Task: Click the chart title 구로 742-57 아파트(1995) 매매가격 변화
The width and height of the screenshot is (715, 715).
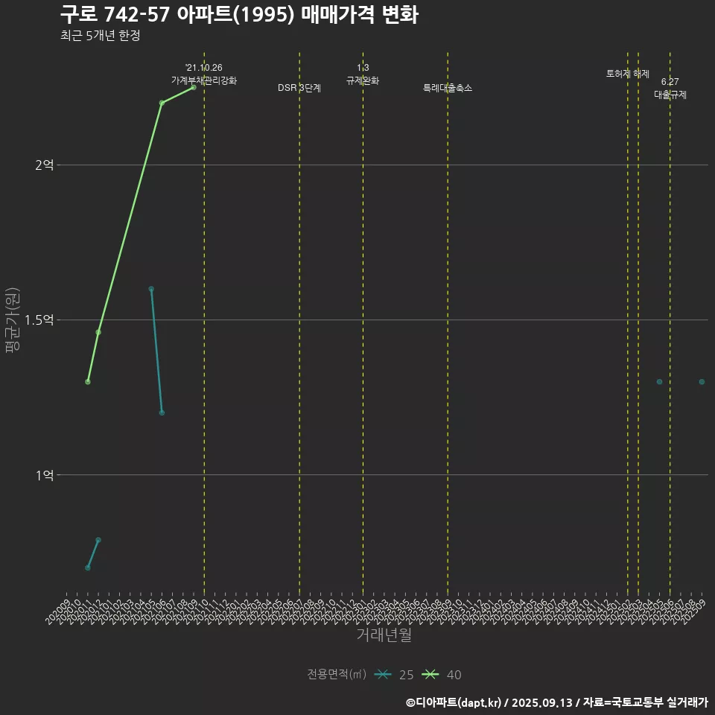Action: click(238, 14)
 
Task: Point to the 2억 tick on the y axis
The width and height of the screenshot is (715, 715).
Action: click(45, 165)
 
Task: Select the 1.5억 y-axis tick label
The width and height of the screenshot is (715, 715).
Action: click(39, 320)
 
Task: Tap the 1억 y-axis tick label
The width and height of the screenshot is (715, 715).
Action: click(45, 474)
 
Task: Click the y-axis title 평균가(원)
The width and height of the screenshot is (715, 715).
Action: click(12, 320)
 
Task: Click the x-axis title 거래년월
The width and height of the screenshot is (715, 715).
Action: click(384, 635)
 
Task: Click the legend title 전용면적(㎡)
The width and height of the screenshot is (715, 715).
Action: click(336, 674)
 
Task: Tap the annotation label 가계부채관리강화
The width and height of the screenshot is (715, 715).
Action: click(204, 80)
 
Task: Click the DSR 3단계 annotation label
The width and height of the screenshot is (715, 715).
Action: click(299, 88)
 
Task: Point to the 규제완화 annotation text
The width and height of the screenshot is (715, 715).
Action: click(363, 80)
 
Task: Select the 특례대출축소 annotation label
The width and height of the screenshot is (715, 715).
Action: click(448, 88)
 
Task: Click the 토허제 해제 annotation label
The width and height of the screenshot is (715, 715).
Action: click(628, 74)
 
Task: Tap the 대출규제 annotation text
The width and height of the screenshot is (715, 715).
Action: click(670, 95)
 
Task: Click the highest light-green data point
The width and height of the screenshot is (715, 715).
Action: click(194, 87)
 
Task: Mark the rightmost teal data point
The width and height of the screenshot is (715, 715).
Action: click(702, 381)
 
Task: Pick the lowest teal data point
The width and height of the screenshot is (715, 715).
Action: click(88, 568)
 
